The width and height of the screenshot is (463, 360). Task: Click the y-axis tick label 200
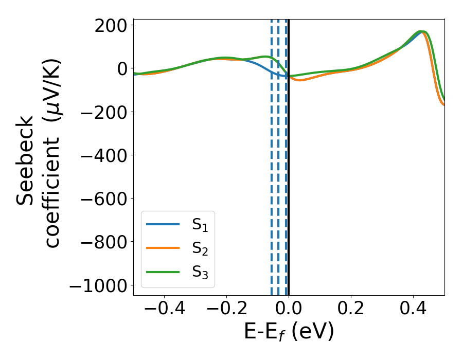[111, 25]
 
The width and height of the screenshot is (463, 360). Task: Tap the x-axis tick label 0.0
[289, 309]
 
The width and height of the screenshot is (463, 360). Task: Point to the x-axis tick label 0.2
[351, 309]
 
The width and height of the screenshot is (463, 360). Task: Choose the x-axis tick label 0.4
[413, 309]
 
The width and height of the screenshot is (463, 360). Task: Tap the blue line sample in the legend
[163, 224]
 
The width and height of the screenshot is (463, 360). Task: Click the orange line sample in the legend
[163, 248]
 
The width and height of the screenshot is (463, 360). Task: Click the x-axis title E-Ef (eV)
[289, 332]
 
